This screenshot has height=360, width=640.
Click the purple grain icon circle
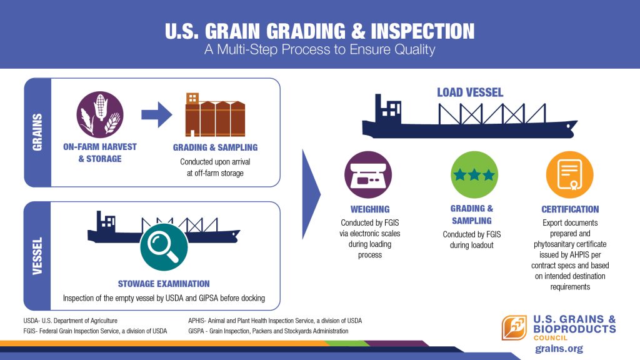(x=99, y=115)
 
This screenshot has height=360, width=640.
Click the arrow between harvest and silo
(x=157, y=115)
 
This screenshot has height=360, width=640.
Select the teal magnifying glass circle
(x=164, y=247)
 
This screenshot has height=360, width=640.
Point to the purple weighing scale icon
(x=368, y=175)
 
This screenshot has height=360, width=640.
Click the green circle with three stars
(x=474, y=175)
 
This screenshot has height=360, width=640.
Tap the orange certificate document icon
(x=570, y=175)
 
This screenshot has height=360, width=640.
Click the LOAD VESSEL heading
(x=470, y=92)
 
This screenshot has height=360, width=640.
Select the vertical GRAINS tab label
(x=37, y=132)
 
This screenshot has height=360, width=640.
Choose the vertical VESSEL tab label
(x=37, y=256)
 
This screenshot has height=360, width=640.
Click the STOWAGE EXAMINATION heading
(x=164, y=284)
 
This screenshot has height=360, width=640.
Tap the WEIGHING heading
(x=370, y=209)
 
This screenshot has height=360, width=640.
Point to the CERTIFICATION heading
(x=570, y=209)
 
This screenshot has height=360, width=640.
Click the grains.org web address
(x=559, y=349)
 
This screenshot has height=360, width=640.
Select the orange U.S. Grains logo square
(x=514, y=327)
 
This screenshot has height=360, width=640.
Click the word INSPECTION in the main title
(x=423, y=31)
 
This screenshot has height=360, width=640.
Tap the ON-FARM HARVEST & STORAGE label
(x=100, y=152)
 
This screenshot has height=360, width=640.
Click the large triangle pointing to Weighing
(x=311, y=194)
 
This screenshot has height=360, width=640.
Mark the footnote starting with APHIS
(x=275, y=321)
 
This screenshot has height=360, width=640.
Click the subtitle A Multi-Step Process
(x=320, y=50)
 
